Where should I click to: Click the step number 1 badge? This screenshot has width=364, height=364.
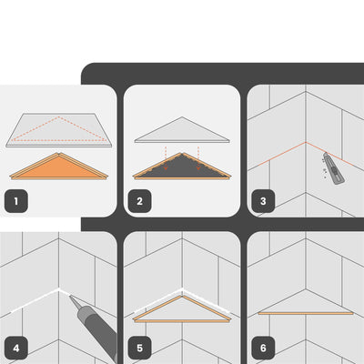pyautogui.click(x=16, y=201)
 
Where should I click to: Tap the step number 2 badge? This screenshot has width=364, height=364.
pyautogui.click(x=139, y=201)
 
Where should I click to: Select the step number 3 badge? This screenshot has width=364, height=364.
pyautogui.click(x=263, y=201)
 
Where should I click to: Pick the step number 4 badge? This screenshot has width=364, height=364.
pyautogui.click(x=16, y=348)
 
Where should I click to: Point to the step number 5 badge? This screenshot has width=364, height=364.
pyautogui.click(x=139, y=348)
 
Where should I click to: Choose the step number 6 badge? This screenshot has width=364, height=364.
pyautogui.click(x=263, y=348)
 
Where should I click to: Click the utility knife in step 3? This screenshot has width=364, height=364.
pyautogui.click(x=334, y=168)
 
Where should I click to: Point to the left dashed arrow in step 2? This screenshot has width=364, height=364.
pyautogui.click(x=166, y=158)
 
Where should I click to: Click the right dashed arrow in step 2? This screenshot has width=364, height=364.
pyautogui.click(x=198, y=158)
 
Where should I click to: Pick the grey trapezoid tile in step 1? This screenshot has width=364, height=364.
pyautogui.click(x=59, y=130)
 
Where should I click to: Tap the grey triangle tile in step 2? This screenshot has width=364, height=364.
pyautogui.click(x=182, y=131)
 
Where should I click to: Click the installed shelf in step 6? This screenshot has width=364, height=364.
pyautogui.click(x=306, y=303)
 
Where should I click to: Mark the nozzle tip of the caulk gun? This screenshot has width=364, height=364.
pyautogui.click(x=70, y=296)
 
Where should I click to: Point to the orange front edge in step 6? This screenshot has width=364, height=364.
pyautogui.click(x=306, y=313)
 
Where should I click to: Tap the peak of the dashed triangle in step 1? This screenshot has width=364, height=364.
pyautogui.click(x=59, y=116)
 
